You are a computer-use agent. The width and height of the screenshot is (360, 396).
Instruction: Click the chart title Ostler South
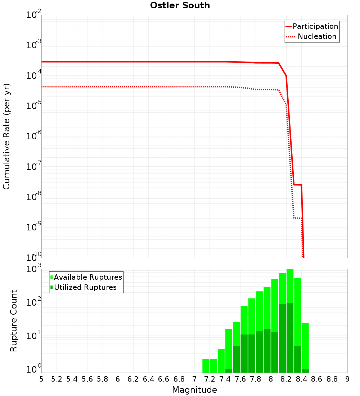coord(180,5)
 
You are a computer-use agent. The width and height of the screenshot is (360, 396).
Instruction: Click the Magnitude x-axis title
coord(194,390)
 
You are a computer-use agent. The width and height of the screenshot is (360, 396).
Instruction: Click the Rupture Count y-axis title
coord(13,321)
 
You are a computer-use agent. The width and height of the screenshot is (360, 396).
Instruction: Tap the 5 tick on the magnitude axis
coord(41,379)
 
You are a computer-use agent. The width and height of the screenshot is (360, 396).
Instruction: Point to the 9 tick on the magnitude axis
coord(347,379)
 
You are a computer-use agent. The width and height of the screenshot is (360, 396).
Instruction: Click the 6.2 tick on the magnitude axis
coord(133,379)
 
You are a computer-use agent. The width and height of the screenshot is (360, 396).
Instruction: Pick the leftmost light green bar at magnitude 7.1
coord(206,366)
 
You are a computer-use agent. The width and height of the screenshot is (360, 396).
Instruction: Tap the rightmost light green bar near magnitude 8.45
coord(305,346)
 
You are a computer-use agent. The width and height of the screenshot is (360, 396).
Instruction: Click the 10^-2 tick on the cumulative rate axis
coord(34,15)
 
